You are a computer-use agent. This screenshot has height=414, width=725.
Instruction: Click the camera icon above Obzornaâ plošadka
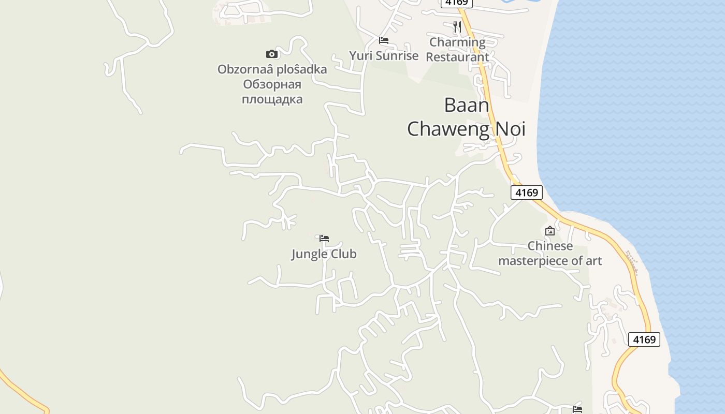pos(272,54)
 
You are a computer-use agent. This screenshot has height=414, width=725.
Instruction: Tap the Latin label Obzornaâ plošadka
pos(272,69)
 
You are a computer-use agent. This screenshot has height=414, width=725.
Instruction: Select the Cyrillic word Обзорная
pos(272,84)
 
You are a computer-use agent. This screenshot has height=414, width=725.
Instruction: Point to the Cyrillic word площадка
pos(272,99)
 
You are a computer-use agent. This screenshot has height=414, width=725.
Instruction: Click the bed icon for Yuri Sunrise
pos(384,40)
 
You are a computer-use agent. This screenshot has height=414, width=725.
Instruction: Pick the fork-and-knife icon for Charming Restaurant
pos(457,27)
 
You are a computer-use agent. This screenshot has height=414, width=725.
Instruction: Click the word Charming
pos(457,42)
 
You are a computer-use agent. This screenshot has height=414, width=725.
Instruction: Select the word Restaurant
pos(457,57)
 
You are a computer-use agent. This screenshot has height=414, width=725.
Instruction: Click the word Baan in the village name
pos(467,106)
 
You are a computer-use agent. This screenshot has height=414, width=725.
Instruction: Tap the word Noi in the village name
pos(511,129)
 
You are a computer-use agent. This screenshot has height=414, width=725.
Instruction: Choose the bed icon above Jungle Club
pos(324,239)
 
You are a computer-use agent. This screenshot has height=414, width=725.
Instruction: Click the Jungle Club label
pos(324,254)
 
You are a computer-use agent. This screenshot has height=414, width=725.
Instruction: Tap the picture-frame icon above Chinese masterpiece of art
pos(550,231)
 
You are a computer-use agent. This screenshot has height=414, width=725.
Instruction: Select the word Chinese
pos(550,246)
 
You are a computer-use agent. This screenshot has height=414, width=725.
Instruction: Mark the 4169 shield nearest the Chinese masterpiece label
pos(527,193)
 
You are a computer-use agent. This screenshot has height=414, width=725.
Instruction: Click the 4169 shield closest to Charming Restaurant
pos(456,3)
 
